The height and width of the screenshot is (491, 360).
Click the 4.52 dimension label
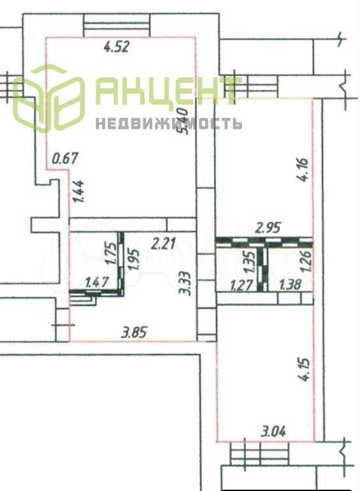click(117, 47)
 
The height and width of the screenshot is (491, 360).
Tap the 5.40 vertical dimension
click(182, 121)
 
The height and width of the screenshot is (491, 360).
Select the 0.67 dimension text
click(65, 158)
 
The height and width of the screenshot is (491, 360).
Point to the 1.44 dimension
click(78, 191)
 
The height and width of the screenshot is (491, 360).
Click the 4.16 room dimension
click(303, 170)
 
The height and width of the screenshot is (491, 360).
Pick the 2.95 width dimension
click(268, 228)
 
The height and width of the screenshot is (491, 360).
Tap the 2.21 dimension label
click(163, 244)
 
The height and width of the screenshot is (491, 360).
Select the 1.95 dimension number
click(132, 260)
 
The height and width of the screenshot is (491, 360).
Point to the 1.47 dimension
click(97, 282)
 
